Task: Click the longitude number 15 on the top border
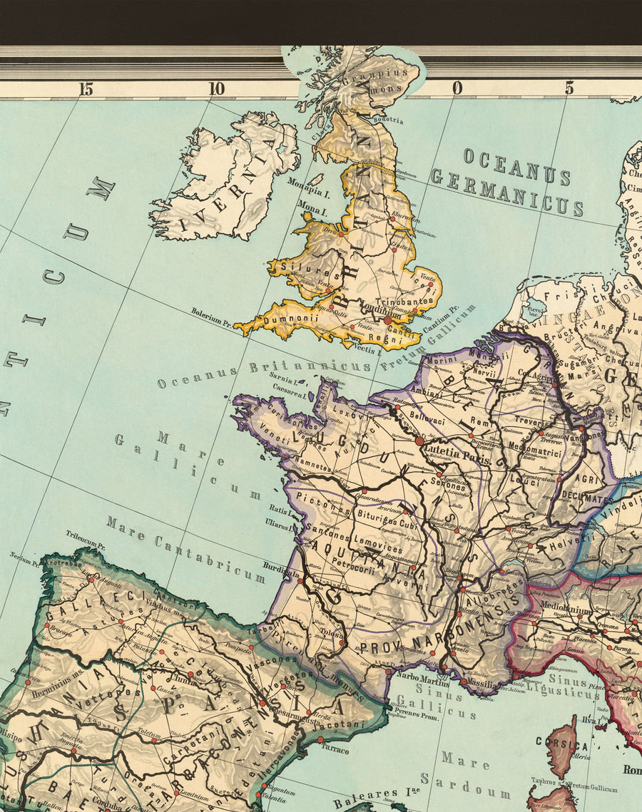pos(86,89)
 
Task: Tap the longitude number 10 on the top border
pos(216,89)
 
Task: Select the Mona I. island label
pos(312,212)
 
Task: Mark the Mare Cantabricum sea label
pos(185,549)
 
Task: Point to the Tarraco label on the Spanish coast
pos(335,751)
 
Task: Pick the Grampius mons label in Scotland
pos(389,82)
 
